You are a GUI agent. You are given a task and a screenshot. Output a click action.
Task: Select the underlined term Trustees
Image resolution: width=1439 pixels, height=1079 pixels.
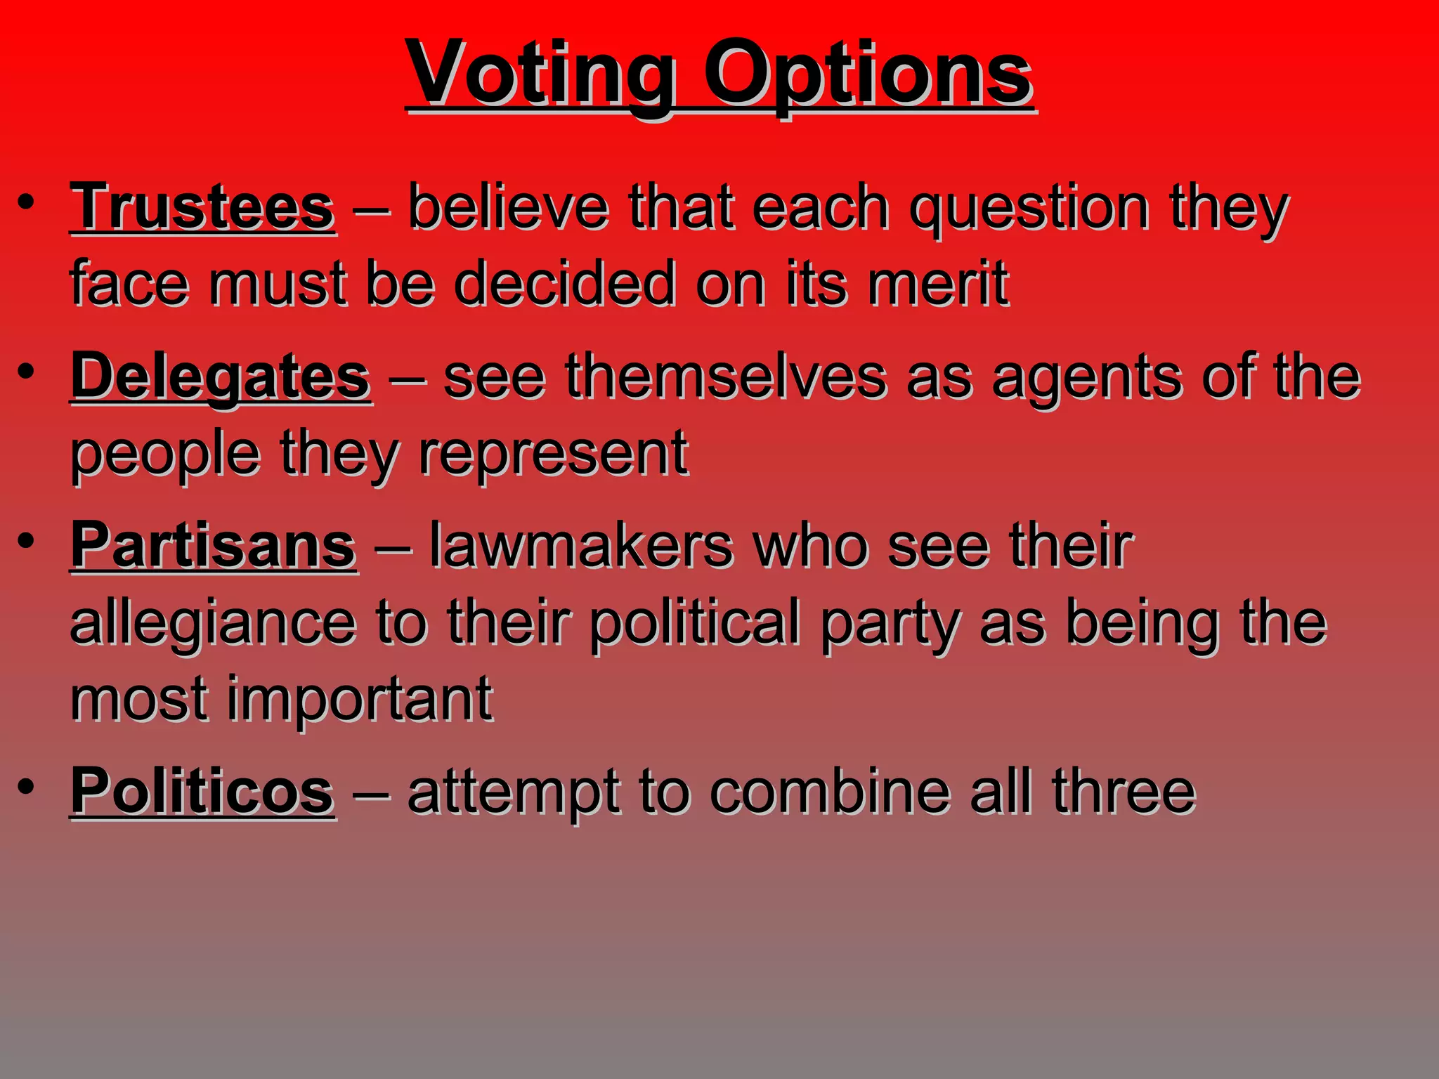[202, 208]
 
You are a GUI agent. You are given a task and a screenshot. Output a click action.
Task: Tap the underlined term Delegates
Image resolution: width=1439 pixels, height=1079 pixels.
[221, 377]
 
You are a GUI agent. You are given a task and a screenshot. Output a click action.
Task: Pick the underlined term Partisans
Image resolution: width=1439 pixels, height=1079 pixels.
[214, 547]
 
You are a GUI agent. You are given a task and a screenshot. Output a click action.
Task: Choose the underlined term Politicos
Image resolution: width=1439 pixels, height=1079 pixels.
[202, 792]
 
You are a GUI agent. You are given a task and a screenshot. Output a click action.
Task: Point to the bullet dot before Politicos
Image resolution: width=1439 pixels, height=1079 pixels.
[26, 787]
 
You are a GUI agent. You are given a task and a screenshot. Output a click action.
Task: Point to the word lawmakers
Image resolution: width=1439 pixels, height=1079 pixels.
[580, 547]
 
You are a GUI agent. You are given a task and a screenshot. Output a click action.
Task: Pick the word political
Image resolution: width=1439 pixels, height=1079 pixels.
[695, 624]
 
